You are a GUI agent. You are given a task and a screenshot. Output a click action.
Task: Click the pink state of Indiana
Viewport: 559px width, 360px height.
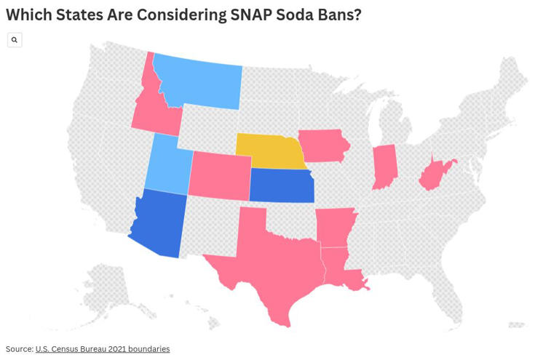(384, 166)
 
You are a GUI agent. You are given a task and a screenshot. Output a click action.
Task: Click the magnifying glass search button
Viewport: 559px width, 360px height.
(15, 40)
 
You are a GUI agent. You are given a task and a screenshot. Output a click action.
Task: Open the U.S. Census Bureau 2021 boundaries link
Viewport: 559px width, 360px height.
(102, 349)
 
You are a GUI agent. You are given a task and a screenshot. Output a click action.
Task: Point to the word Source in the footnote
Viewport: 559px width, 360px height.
(19, 349)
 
